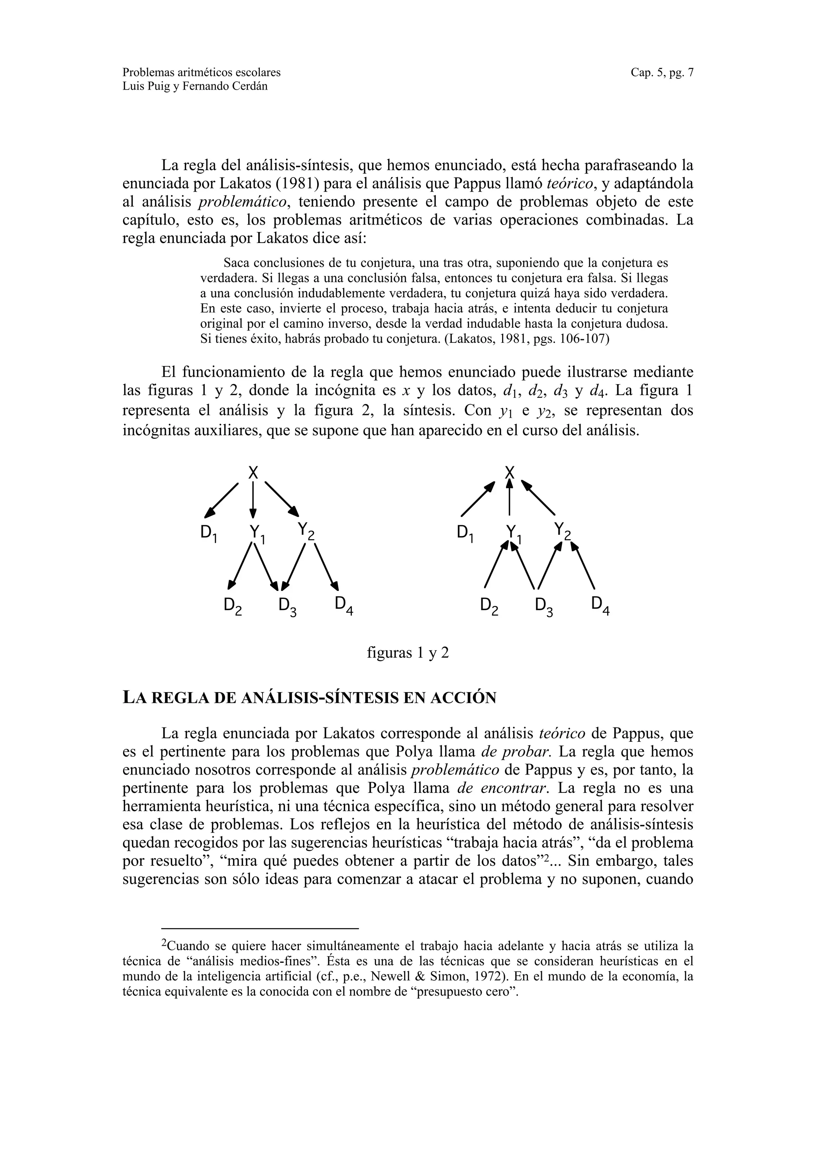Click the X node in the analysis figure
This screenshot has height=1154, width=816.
point(253,472)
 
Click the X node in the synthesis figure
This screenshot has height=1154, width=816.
point(510,472)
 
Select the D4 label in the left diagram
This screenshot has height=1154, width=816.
point(344,606)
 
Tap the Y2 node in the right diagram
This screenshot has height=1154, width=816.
point(563,531)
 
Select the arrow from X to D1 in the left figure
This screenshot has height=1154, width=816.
point(221,501)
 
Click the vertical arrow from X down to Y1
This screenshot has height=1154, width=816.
point(253,500)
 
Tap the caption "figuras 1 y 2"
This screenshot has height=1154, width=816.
point(408,653)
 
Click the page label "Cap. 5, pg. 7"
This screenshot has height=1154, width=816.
point(662,72)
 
